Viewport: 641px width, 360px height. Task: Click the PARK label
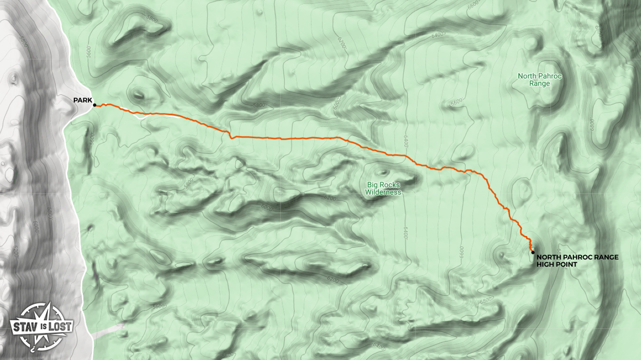coord(82,100)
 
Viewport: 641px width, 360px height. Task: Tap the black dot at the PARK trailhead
coord(94,105)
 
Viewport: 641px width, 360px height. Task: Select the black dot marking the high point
coord(533,252)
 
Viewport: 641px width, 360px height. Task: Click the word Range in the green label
coord(539,83)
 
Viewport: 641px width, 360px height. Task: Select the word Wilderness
coord(383,192)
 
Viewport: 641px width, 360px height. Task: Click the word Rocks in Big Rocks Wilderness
coord(390,184)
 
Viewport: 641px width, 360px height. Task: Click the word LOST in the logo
coord(61,327)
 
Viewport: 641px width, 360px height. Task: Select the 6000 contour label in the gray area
coord(36,226)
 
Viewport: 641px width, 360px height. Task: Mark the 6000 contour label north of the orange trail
coord(337,102)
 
